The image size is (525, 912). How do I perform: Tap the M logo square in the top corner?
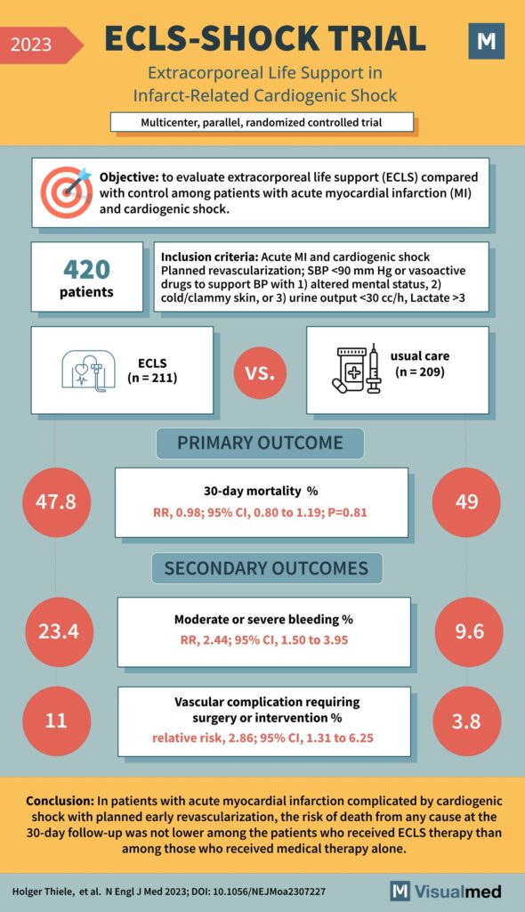click(486, 42)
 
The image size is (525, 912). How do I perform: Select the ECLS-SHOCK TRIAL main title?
click(264, 38)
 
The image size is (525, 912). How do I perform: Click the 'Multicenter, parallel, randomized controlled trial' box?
click(262, 122)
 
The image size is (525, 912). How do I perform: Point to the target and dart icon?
click(68, 191)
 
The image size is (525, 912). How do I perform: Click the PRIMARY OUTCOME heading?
click(261, 444)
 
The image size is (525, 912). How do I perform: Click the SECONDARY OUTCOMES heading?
click(266, 568)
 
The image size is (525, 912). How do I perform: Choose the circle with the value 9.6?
click(467, 631)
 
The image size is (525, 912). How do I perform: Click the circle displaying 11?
click(55, 721)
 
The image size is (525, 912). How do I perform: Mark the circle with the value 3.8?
click(467, 721)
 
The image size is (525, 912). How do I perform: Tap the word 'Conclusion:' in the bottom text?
click(61, 800)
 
